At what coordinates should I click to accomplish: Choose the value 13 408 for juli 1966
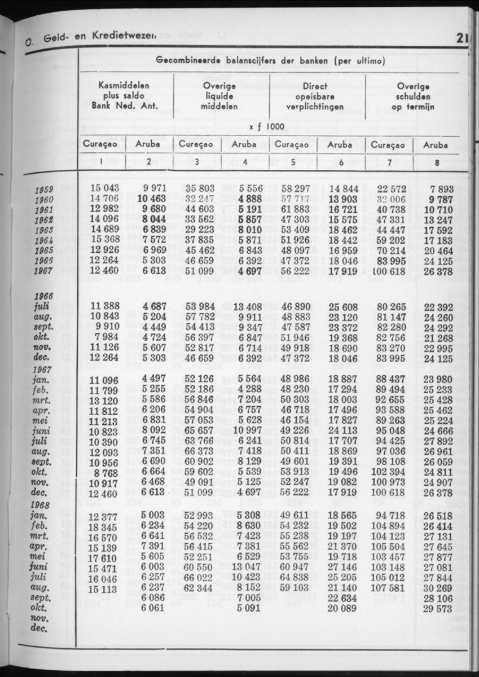247,307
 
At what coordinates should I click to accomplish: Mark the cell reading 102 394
388,471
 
